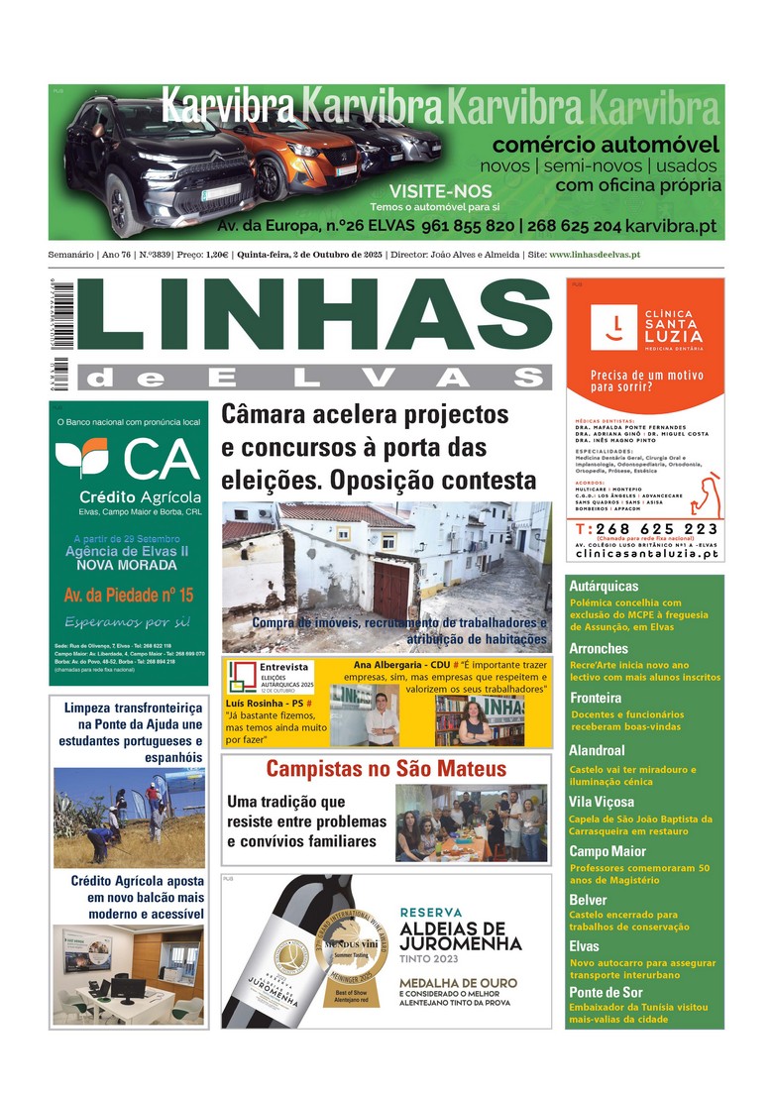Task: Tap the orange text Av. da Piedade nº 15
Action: click(x=129, y=596)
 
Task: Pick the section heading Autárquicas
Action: click(x=605, y=586)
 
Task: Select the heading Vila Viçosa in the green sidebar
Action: click(x=602, y=802)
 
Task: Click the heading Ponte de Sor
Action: click(x=606, y=992)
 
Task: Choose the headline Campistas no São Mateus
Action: click(x=386, y=769)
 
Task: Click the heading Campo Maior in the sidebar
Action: click(x=607, y=850)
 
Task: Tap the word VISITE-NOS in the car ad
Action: click(x=426, y=190)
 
